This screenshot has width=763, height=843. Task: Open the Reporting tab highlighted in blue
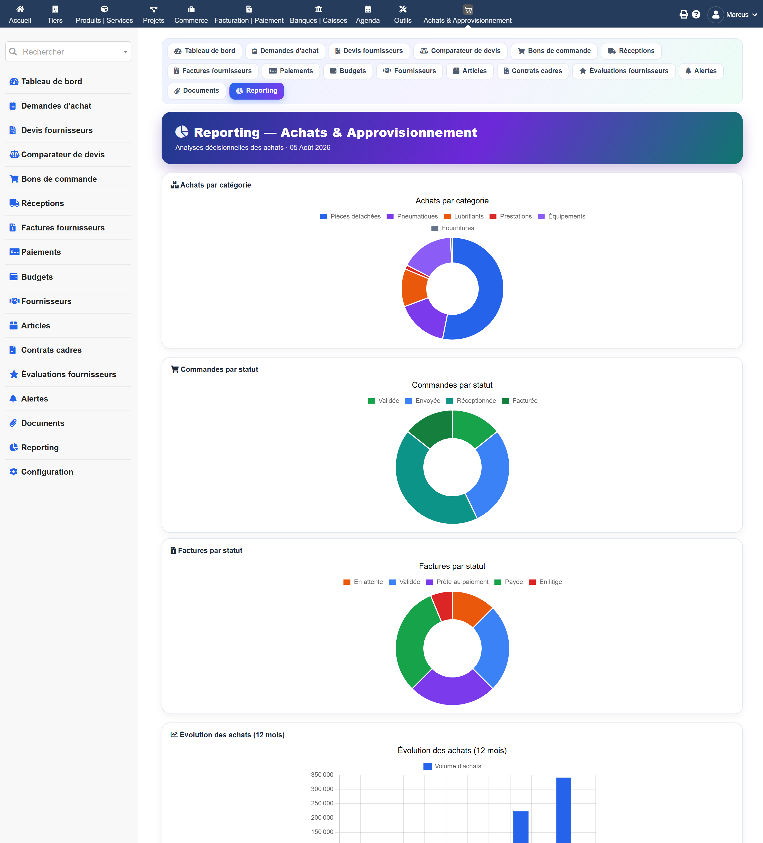(256, 91)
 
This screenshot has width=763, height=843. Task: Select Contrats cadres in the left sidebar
(51, 350)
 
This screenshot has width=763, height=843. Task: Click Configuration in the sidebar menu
(47, 472)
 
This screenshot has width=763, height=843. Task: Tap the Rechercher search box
(68, 51)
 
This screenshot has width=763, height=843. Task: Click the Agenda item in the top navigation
(368, 14)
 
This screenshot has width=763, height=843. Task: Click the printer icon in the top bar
(684, 15)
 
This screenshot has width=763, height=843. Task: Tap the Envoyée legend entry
(423, 401)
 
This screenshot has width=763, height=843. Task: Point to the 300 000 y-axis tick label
(322, 789)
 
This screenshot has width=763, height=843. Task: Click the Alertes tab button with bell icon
(701, 71)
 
